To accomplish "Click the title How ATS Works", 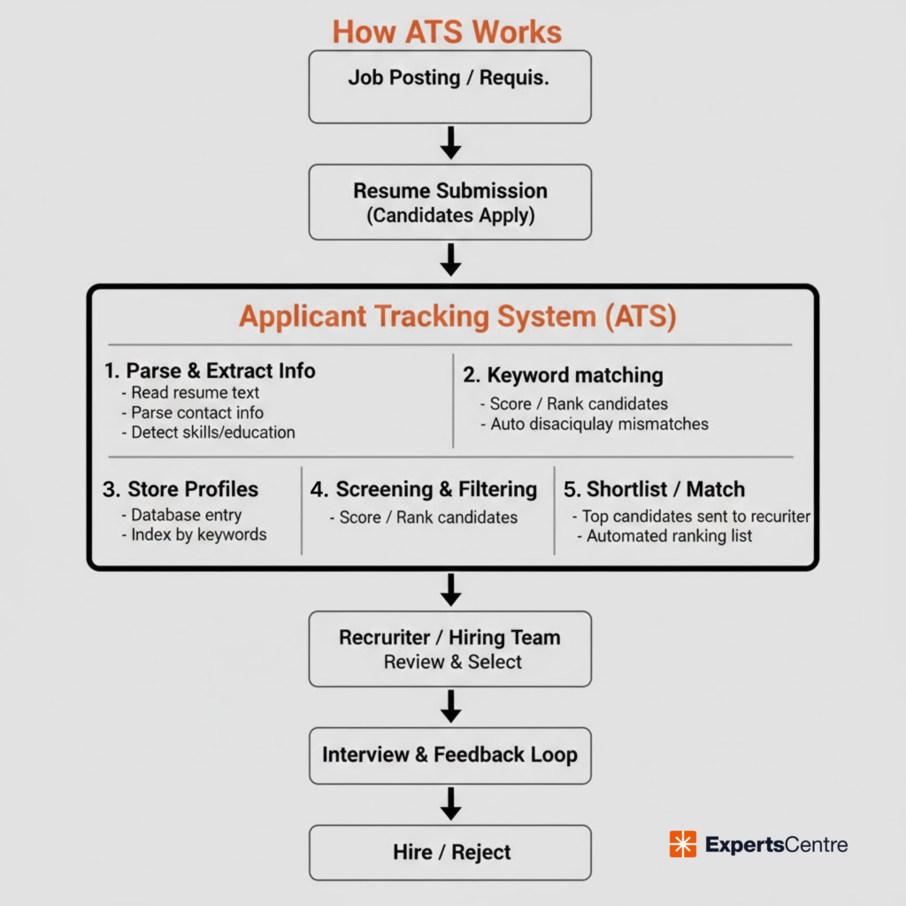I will click(447, 32).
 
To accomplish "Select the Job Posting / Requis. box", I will click(449, 86).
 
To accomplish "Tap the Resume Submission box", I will click(449, 202).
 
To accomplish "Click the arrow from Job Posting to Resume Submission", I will click(450, 142).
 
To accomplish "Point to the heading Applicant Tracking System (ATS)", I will click(457, 317).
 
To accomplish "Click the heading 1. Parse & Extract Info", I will click(210, 370).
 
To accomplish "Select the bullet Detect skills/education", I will click(212, 433).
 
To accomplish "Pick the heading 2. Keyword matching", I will click(563, 375).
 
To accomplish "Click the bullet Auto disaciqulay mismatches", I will click(599, 424).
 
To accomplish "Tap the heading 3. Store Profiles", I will click(181, 489).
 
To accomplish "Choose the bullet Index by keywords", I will click(198, 534).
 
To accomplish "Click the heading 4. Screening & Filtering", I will click(423, 489).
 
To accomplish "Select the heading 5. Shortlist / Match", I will click(654, 489).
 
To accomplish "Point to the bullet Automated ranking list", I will click(669, 535).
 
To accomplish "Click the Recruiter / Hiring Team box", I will click(449, 649).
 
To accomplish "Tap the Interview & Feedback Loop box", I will click(449, 755).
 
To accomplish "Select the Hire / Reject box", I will click(449, 852).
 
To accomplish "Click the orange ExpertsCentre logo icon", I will click(683, 844).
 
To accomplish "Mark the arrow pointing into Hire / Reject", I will click(450, 803).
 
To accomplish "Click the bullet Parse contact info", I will click(196, 412).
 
